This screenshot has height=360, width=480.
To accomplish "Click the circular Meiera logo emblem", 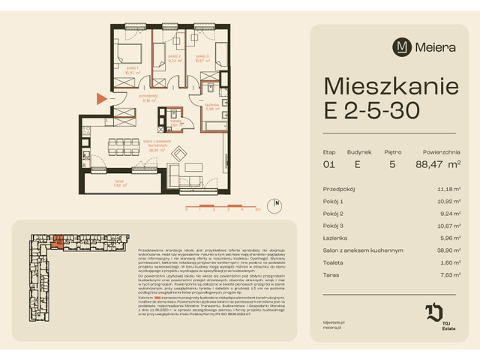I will (401, 47).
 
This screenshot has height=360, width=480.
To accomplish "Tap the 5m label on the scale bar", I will (257, 211).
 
